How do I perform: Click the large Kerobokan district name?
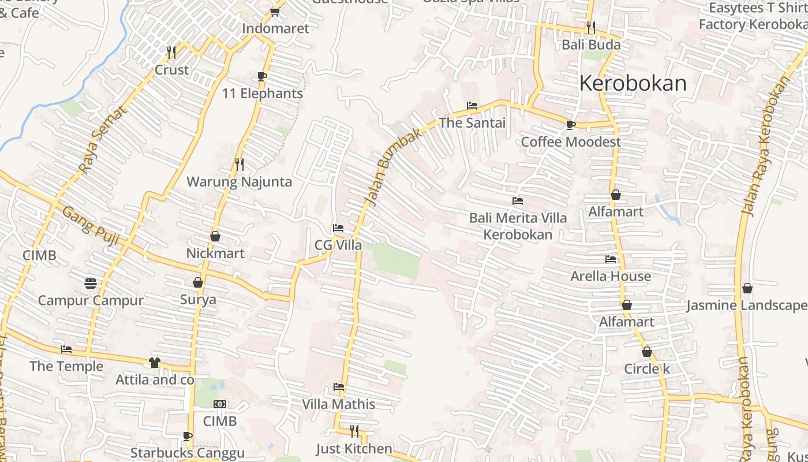pyautogui.click(x=633, y=84)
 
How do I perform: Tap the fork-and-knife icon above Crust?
pyautogui.click(x=171, y=53)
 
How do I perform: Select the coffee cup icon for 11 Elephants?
pyautogui.click(x=261, y=77)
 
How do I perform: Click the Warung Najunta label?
pyautogui.click(x=239, y=182)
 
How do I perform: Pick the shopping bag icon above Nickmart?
pyautogui.click(x=215, y=236)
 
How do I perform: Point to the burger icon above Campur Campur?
pyautogui.click(x=90, y=284)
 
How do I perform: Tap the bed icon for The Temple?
pyautogui.click(x=66, y=349)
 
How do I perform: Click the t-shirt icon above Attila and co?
pyautogui.click(x=155, y=363)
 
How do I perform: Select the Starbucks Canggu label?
pyautogui.click(x=188, y=453)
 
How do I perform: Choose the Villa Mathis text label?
pyautogui.click(x=339, y=404)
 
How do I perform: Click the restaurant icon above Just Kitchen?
pyautogui.click(x=354, y=431)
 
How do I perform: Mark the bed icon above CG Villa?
pyautogui.click(x=338, y=228)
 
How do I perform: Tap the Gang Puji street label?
pyautogui.click(x=91, y=226)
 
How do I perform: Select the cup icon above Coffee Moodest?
pyautogui.click(x=570, y=125)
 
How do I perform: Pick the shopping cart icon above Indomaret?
pyautogui.click(x=275, y=12)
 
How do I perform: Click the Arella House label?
pyautogui.click(x=611, y=276)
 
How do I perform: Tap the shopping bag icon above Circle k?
pyautogui.click(x=647, y=352)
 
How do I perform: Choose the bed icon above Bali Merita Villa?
pyautogui.click(x=518, y=202)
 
